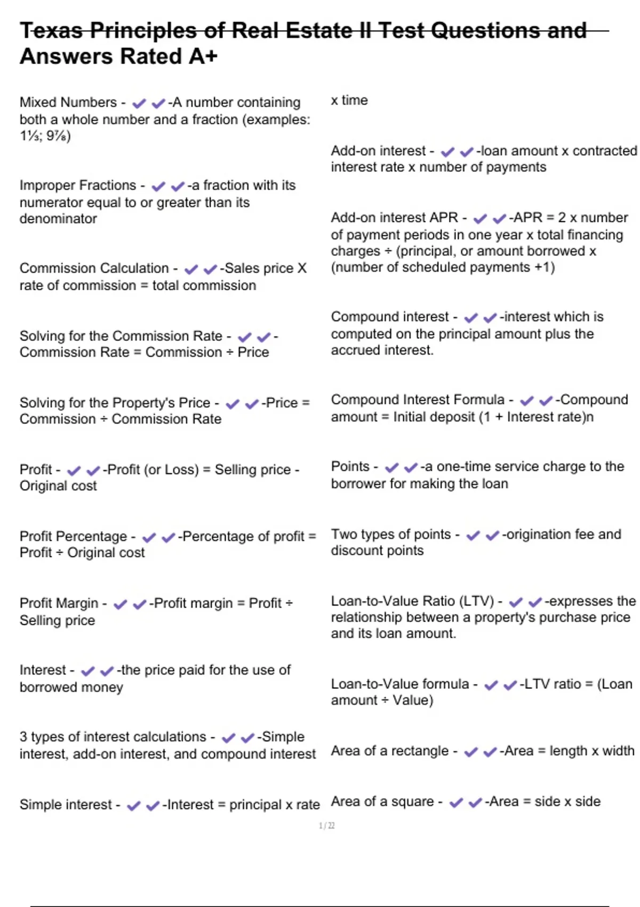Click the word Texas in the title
pyautogui.click(x=51, y=30)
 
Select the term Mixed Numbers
pyautogui.click(x=68, y=102)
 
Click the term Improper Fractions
pyautogui.click(x=78, y=185)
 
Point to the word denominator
pyautogui.click(x=58, y=219)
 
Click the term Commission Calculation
pyautogui.click(x=94, y=268)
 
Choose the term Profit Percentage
pyautogui.click(x=73, y=536)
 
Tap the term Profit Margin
pyautogui.click(x=59, y=603)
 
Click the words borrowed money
pyautogui.click(x=71, y=687)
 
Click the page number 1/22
pyautogui.click(x=326, y=825)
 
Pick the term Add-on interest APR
pyautogui.click(x=394, y=218)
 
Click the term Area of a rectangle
pyautogui.click(x=389, y=751)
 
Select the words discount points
pyautogui.click(x=377, y=551)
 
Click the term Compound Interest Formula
pyautogui.click(x=417, y=400)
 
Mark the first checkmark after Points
pyautogui.click(x=391, y=467)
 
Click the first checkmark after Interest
pyautogui.click(x=88, y=671)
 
